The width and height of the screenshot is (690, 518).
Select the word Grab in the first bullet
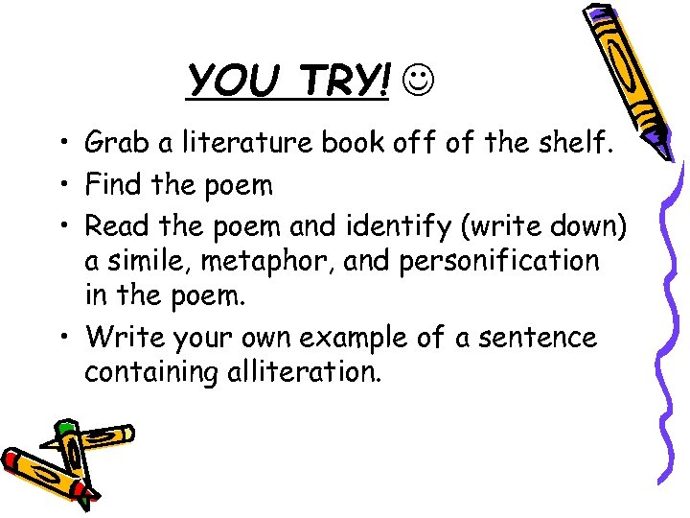[x=113, y=143]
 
